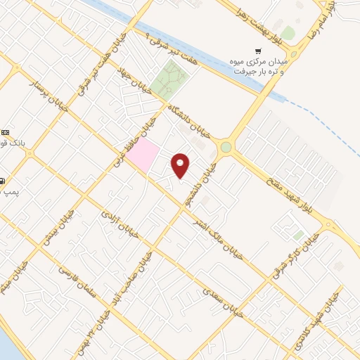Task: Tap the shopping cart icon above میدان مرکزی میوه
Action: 259,51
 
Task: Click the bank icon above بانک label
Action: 6,132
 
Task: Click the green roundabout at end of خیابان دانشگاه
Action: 226,147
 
